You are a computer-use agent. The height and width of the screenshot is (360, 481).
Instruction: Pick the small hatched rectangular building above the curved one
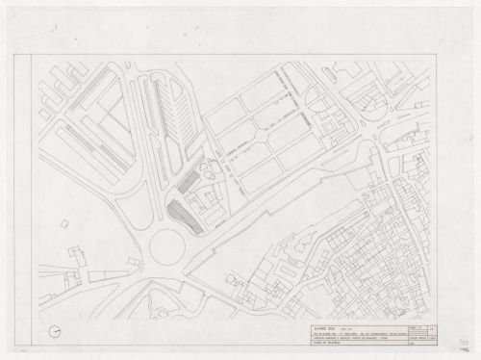(x=190, y=182)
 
